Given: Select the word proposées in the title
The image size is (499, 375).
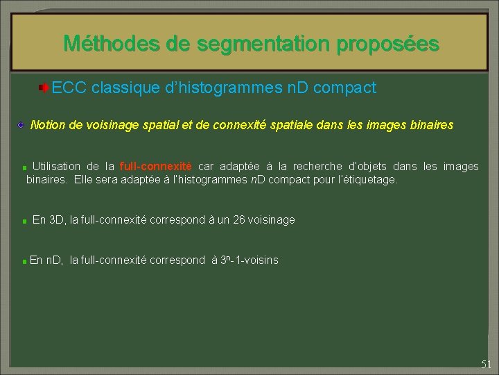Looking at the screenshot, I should click(388, 44).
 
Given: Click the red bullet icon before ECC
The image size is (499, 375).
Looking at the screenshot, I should click(43, 88).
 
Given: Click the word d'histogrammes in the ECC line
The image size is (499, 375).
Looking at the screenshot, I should click(227, 88).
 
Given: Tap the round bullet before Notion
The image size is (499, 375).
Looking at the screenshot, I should click(22, 125).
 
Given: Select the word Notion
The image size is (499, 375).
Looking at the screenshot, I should click(47, 126).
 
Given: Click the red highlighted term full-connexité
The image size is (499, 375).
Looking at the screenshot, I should click(156, 167).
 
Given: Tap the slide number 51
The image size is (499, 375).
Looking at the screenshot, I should click(486, 364).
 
